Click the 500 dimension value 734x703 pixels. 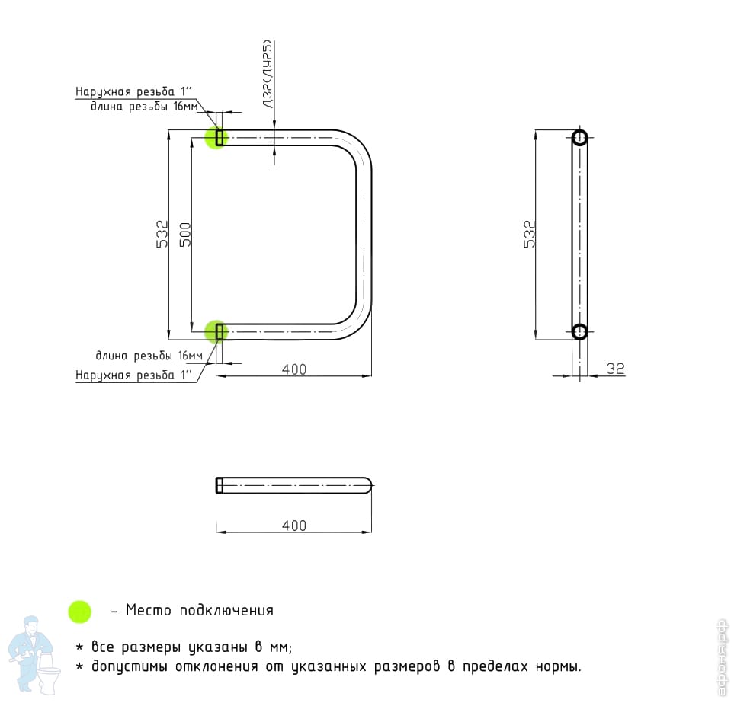(x=184, y=234)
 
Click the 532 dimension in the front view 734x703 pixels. (x=162, y=234)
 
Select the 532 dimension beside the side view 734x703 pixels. (x=530, y=234)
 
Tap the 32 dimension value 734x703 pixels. (x=615, y=369)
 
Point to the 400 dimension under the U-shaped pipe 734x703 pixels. (x=293, y=369)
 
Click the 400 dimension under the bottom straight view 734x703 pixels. (x=293, y=526)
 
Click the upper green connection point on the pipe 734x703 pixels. (x=216, y=137)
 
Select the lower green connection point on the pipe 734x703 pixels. (x=216, y=331)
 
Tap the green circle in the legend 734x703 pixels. (x=79, y=611)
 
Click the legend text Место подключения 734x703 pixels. (x=199, y=610)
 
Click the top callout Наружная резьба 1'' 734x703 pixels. (x=133, y=92)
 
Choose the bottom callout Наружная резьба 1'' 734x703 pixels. (x=133, y=375)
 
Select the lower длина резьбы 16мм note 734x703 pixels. (x=149, y=356)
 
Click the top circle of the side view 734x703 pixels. (x=579, y=138)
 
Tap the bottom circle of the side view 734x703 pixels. (x=579, y=331)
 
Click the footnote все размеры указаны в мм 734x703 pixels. (x=191, y=647)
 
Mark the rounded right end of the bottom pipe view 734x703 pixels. (x=367, y=485)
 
